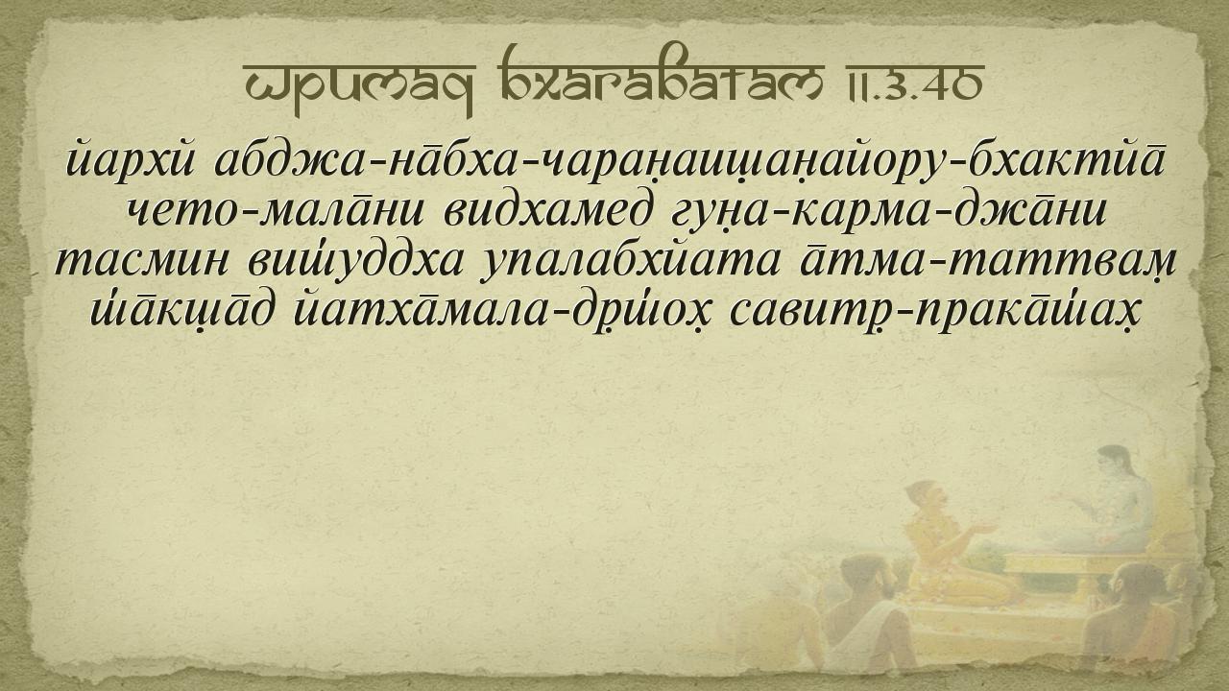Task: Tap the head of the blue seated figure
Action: (1115, 462)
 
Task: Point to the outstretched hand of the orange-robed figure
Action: (985, 528)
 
